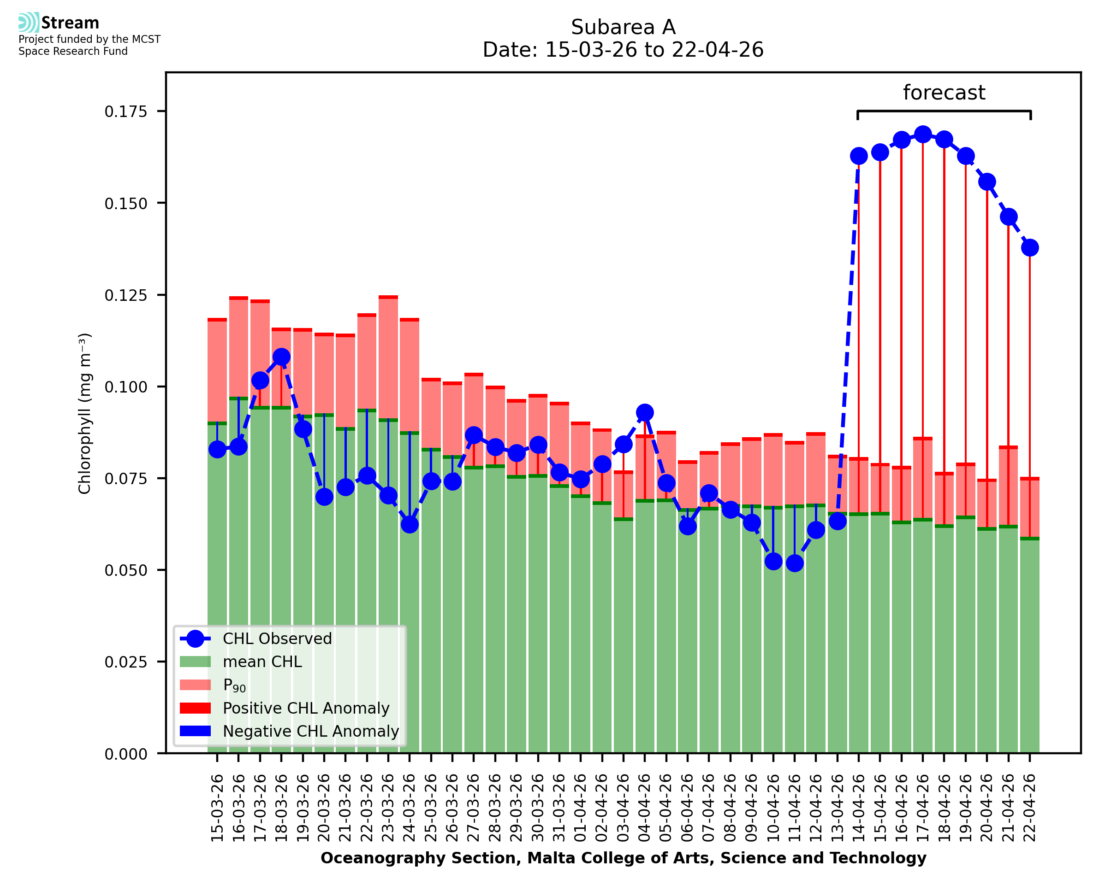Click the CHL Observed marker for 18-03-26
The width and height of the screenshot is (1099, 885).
(281, 357)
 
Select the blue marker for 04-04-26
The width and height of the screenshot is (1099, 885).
(645, 412)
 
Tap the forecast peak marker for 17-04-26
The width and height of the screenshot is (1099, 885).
(922, 135)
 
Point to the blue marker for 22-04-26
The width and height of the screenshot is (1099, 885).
(1030, 248)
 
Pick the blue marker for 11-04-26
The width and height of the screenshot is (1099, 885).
(795, 563)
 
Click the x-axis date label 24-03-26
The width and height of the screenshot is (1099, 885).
(410, 808)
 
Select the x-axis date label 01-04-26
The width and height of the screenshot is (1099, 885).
(581, 808)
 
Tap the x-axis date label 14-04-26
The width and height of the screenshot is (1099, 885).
(859, 808)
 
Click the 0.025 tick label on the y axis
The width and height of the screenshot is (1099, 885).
(125, 662)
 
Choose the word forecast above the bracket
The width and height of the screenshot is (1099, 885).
(944, 93)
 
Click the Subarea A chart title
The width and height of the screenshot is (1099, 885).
(623, 27)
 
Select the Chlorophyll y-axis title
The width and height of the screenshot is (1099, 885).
(85, 413)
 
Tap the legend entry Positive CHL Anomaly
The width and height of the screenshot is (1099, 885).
(306, 708)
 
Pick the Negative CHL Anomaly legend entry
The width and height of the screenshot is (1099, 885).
(310, 731)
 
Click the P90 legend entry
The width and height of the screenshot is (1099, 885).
(234, 685)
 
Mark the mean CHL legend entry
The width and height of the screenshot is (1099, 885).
(262, 662)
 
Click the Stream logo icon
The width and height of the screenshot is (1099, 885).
(29, 23)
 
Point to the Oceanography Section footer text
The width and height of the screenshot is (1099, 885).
(623, 858)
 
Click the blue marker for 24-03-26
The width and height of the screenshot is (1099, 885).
(410, 524)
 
